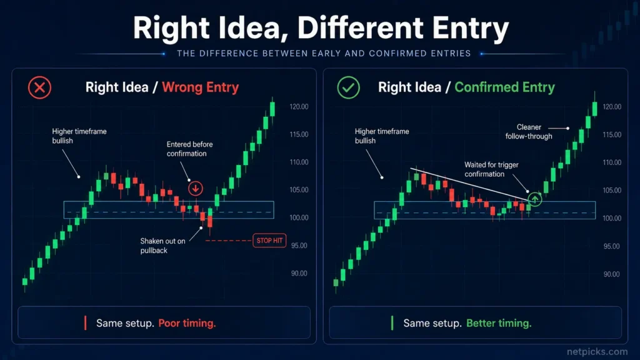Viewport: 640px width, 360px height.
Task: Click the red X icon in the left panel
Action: point(39,87)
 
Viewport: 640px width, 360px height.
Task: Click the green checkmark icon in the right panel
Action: point(348,87)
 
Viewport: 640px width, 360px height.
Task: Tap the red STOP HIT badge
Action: point(269,241)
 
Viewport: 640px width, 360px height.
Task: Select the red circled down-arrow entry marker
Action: point(196,189)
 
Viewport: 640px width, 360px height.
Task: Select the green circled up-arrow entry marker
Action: point(535,199)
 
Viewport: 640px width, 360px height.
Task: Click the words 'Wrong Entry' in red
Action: point(201,87)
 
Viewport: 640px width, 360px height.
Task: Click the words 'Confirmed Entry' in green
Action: point(504,87)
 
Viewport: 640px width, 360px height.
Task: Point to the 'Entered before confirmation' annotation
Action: point(189,149)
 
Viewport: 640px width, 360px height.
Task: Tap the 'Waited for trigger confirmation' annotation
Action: point(491,169)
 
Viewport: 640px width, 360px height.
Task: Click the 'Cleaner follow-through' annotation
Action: point(529,132)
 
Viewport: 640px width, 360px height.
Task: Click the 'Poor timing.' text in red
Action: point(187,323)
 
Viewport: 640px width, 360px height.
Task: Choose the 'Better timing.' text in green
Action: point(499,323)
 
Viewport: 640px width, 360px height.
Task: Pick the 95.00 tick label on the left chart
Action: point(299,246)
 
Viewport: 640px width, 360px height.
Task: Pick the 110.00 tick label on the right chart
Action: point(612,162)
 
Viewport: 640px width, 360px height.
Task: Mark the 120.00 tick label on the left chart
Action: point(299,106)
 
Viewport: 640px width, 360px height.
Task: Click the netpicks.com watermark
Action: point(597,351)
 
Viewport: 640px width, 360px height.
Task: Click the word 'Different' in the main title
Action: point(360,28)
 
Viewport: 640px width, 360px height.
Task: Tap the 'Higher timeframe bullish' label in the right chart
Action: point(382,136)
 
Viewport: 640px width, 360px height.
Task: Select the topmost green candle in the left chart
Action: point(272,109)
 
